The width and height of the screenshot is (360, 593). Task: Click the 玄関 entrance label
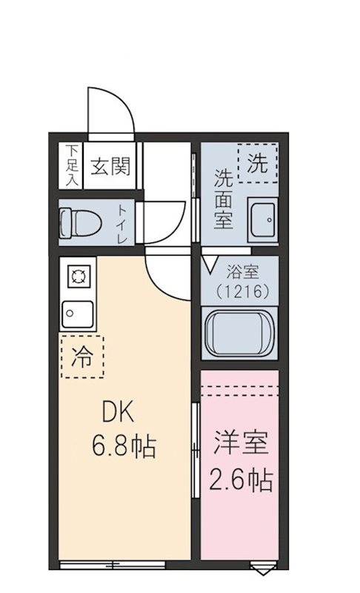pyautogui.click(x=110, y=165)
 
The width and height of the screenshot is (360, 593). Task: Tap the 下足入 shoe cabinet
pyautogui.click(x=70, y=165)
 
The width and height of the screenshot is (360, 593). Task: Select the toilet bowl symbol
pyautogui.click(x=81, y=222)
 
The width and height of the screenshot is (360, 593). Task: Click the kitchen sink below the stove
pyautogui.click(x=78, y=314)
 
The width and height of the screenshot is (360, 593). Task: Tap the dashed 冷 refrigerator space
pyautogui.click(x=82, y=357)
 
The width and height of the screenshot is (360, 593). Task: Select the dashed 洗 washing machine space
pyautogui.click(x=257, y=163)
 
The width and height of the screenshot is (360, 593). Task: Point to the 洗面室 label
pyautogui.click(x=223, y=199)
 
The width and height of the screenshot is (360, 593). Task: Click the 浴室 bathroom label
pyautogui.click(x=242, y=272)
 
